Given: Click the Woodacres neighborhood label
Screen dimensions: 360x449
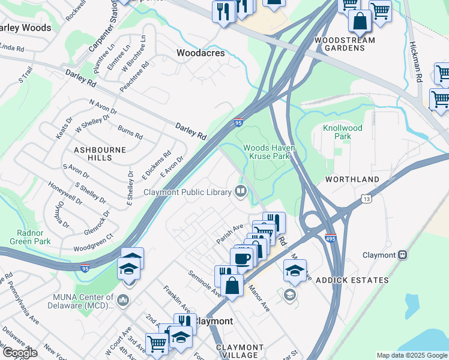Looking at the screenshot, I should pos(200,53).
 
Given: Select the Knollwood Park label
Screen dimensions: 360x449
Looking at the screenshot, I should pos(343,132).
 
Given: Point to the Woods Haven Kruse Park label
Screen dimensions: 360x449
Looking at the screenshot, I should pos(267,152).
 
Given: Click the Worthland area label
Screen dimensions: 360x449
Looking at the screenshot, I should pos(352,179).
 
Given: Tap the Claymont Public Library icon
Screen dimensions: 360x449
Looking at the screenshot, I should pos(241,192).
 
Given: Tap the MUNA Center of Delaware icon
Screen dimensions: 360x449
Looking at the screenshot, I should pos(123,299).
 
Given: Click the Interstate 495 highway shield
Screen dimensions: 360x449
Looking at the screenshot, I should pos(330,238).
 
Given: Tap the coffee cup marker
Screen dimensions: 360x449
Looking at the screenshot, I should pos(241,259).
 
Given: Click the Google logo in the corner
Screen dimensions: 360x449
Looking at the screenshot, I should pos(20,353).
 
